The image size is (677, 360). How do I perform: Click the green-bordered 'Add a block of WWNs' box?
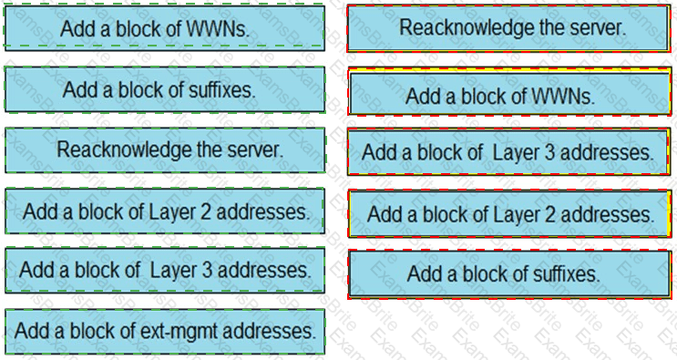pyautogui.click(x=165, y=28)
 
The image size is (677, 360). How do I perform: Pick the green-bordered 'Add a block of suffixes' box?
pyautogui.click(x=165, y=89)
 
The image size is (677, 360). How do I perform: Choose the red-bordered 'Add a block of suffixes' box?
pyautogui.click(x=509, y=274)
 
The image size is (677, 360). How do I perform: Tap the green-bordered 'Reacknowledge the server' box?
pyautogui.click(x=165, y=149)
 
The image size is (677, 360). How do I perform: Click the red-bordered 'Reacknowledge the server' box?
pyautogui.click(x=508, y=28)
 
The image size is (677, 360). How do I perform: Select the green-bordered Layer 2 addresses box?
pyautogui.click(x=165, y=211)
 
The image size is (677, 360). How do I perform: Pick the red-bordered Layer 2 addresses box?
pyautogui.click(x=509, y=214)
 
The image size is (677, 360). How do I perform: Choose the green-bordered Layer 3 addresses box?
pyautogui.click(x=165, y=270)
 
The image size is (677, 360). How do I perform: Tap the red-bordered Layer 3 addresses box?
pyautogui.click(x=508, y=152)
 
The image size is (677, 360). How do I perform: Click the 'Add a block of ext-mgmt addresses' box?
pyautogui.click(x=165, y=332)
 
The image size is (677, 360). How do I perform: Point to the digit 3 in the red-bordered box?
pyautogui.click(x=549, y=152)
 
